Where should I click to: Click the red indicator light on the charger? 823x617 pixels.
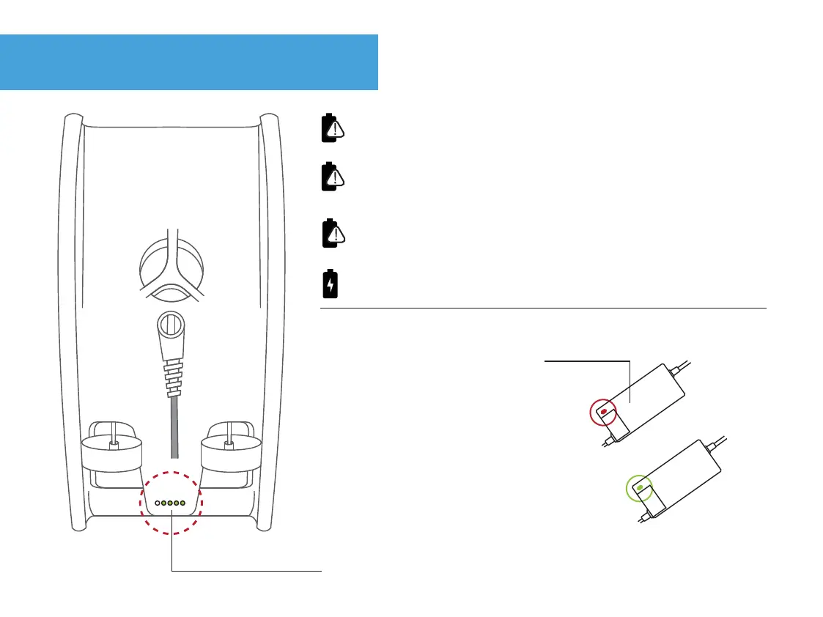(603, 413)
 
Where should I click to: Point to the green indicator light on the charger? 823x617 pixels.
(640, 487)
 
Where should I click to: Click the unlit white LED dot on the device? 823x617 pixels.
(158, 503)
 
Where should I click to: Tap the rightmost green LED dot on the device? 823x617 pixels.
(182, 503)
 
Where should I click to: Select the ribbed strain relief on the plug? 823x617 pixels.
(174, 374)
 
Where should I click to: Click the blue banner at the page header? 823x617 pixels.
(189, 62)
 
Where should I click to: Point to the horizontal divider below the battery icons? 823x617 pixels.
(542, 308)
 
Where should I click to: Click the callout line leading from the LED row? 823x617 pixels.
(246, 570)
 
